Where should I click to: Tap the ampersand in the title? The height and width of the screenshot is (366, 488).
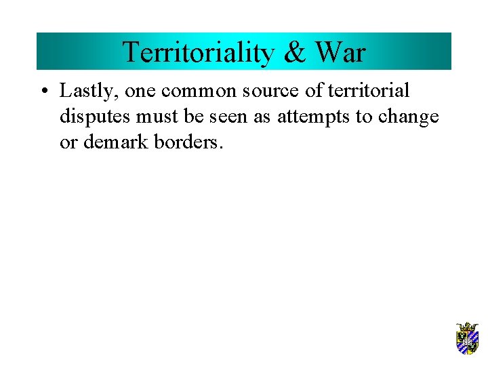(293, 52)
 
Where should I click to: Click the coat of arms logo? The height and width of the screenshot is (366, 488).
(467, 338)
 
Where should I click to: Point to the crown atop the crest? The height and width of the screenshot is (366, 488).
(467, 326)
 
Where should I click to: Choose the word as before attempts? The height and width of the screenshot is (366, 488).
(264, 117)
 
